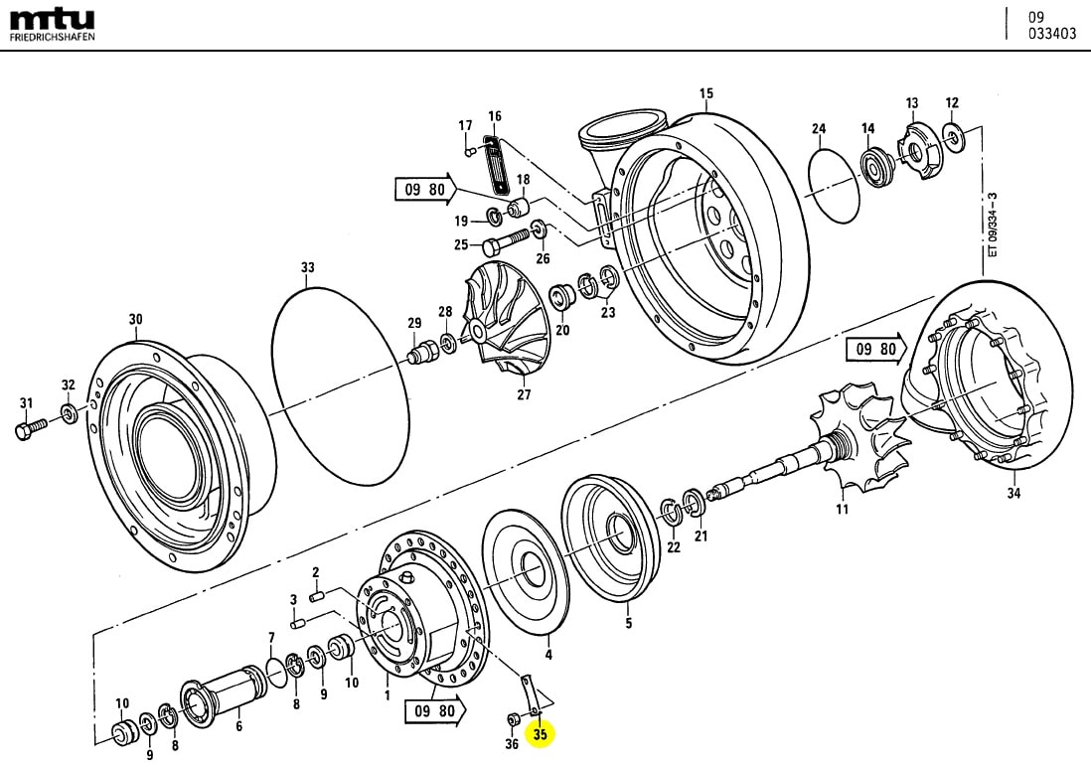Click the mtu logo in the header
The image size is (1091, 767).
52,19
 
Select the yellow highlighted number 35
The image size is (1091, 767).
541,735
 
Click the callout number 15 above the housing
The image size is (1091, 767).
706,95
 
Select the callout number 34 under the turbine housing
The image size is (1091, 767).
1013,494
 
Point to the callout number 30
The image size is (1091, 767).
136,319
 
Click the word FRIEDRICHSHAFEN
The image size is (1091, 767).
53,37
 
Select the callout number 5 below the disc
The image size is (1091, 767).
628,624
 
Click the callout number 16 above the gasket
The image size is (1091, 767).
495,116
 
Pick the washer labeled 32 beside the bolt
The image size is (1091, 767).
69,412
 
